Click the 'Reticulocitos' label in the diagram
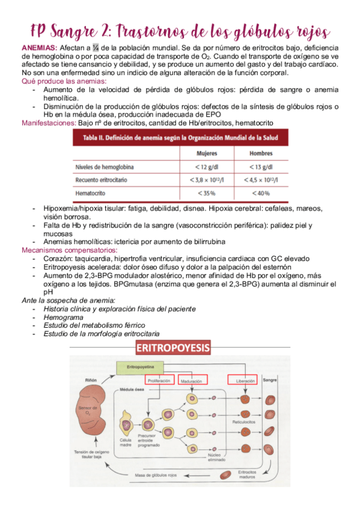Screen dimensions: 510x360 click(245, 423)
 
